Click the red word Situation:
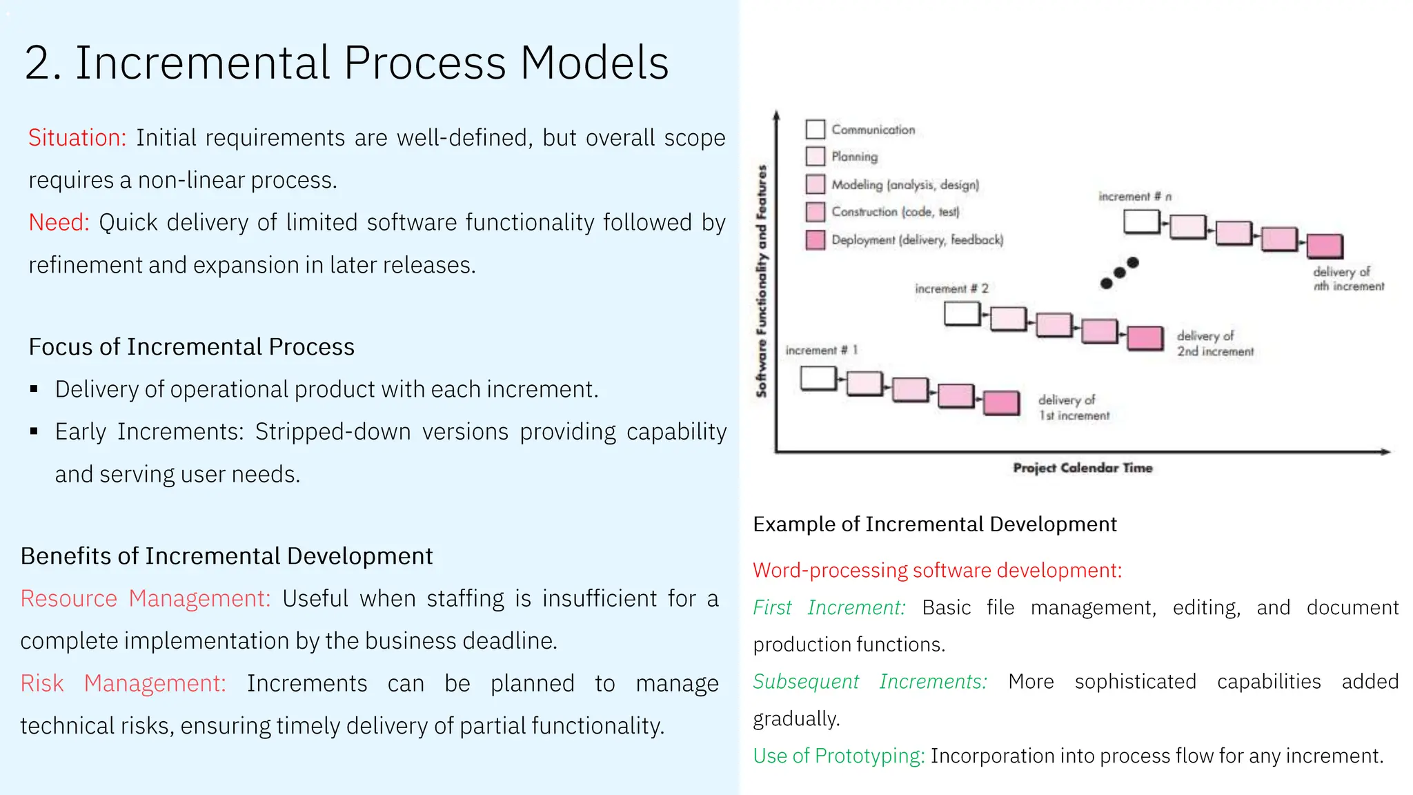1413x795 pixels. click(77, 138)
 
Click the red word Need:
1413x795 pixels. click(59, 222)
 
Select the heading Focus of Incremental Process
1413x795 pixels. click(191, 346)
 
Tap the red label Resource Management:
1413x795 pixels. click(145, 598)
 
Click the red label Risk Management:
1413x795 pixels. click(123, 683)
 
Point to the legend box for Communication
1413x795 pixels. click(815, 129)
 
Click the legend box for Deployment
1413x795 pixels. click(815, 239)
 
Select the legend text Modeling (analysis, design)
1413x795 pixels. click(905, 184)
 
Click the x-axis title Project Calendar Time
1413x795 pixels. click(1082, 468)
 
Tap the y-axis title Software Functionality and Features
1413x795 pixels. click(761, 281)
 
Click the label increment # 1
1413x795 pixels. click(821, 350)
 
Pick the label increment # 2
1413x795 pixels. click(951, 288)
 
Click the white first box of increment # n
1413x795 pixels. click(1141, 222)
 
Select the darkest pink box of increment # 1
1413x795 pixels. click(1000, 403)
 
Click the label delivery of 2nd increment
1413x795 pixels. click(1214, 343)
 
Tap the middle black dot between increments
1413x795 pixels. click(1119, 273)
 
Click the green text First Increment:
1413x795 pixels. click(828, 607)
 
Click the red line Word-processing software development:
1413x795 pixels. click(937, 570)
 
